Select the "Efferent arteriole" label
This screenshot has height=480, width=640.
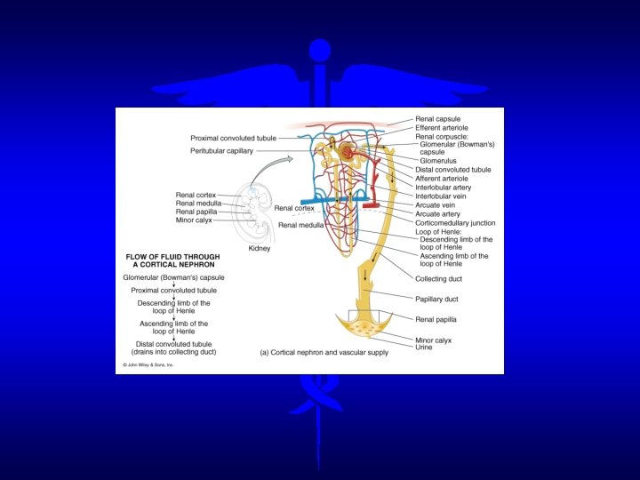442,128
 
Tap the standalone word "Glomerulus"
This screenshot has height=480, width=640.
439,161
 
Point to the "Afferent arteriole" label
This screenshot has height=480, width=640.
443,179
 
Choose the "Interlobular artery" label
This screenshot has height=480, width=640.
444,188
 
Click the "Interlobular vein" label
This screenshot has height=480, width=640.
440,196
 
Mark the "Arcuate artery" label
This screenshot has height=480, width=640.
438,214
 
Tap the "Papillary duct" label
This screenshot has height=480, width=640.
437,300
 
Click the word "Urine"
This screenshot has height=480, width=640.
425,347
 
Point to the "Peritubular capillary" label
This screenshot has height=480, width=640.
221,151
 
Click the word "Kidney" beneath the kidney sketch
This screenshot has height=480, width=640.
259,249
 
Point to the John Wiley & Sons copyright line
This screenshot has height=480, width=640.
147,364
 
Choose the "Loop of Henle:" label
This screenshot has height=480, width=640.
437,231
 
